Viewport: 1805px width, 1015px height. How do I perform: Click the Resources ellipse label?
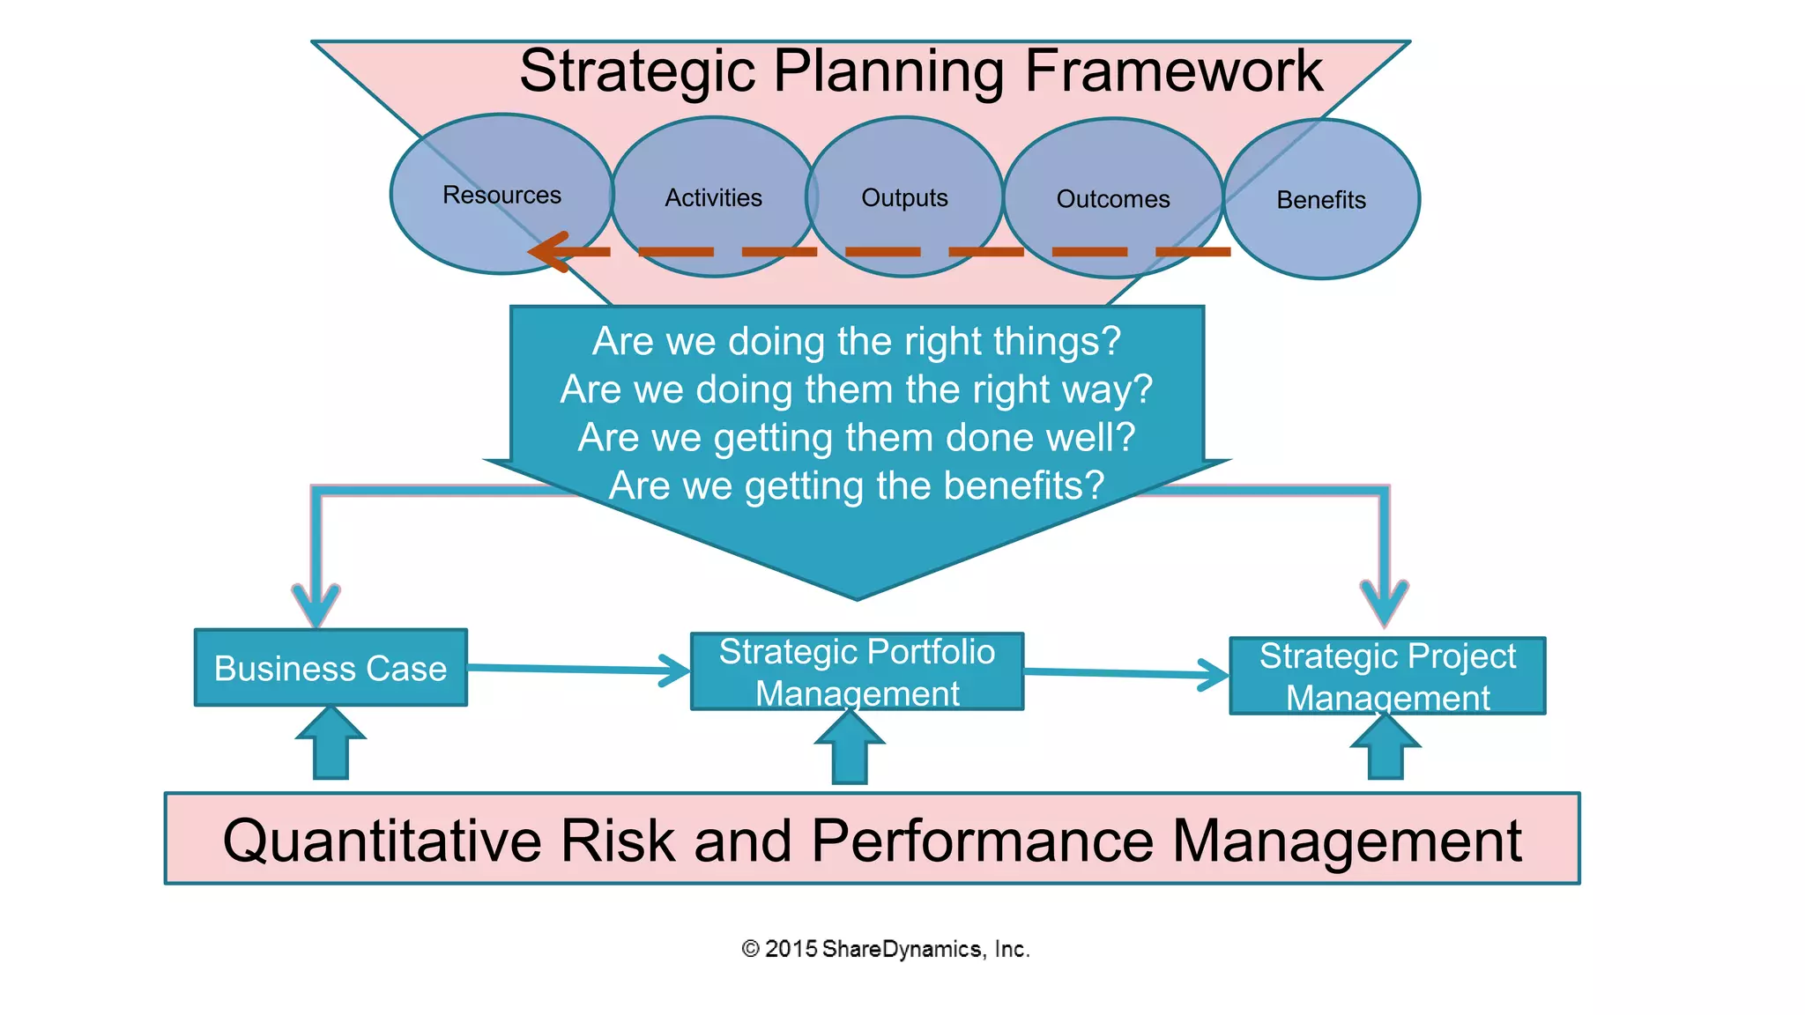tap(501, 195)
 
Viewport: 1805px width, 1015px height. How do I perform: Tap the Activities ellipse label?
tap(713, 197)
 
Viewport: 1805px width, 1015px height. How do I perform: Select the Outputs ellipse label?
tap(904, 197)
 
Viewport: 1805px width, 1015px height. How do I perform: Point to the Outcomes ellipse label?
tap(1113, 199)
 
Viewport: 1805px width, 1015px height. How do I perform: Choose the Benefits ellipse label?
tap(1321, 200)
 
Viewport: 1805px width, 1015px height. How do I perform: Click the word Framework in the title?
tap(1173, 70)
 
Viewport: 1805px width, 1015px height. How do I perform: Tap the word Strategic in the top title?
tap(636, 70)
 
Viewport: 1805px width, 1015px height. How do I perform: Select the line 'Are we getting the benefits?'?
tap(856, 485)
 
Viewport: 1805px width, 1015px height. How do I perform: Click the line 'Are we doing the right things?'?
tap(856, 341)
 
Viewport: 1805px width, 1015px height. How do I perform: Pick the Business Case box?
tap(331, 668)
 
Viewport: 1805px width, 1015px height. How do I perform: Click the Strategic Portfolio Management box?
tap(857, 671)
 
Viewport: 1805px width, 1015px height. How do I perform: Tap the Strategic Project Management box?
tap(1387, 676)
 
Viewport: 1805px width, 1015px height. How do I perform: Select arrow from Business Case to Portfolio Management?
tap(577, 670)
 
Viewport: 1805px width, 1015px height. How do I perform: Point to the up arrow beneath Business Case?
tap(331, 745)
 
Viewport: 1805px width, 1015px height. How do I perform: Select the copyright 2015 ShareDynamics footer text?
tap(886, 949)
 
